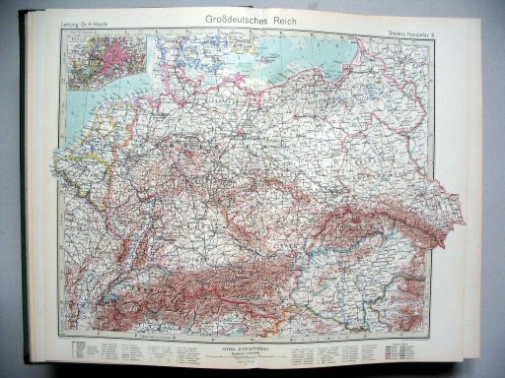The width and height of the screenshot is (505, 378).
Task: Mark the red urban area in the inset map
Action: pos(108,55)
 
